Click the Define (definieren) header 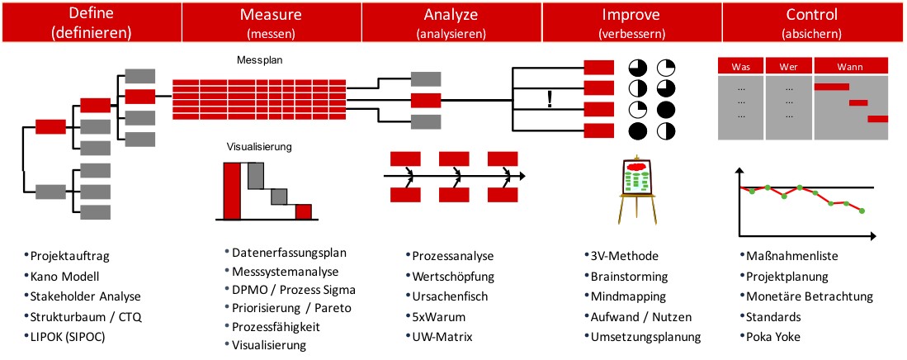90,23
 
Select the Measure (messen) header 271,23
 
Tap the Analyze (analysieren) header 451,23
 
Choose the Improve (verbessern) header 632,23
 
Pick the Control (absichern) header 813,23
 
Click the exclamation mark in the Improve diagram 548,100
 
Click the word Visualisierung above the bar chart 259,147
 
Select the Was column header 740,66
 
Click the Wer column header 789,66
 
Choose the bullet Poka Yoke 777,337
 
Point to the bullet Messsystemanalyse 286,271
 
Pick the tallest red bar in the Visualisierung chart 232,191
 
